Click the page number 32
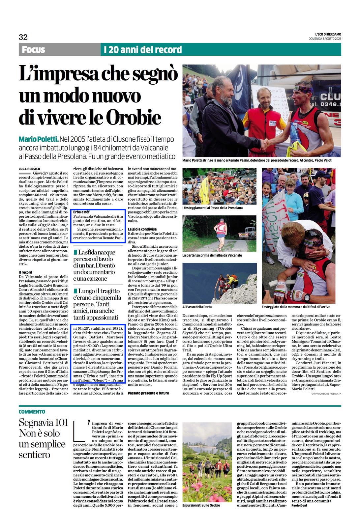pyautogui.click(x=23, y=37)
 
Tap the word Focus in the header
pyautogui.click(x=33, y=50)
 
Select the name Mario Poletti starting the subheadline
pyautogui.click(x=39, y=139)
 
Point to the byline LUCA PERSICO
pyautogui.click(x=29, y=169)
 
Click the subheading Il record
pyautogui.click(x=25, y=272)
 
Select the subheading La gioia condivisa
pyautogui.click(x=142, y=229)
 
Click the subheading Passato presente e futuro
pyautogui.click(x=148, y=393)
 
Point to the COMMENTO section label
pyautogui.click(x=32, y=412)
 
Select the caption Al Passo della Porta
pyautogui.click(x=197, y=307)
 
